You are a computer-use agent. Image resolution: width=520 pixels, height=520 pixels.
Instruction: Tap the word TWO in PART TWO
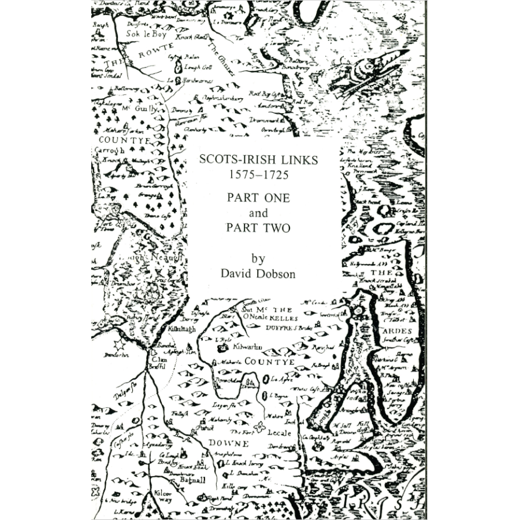[277, 228]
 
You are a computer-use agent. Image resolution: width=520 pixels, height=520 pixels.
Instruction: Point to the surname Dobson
[275, 274]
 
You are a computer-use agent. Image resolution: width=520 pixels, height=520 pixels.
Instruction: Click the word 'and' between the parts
[258, 213]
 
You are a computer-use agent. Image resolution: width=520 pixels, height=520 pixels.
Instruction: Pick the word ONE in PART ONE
[275, 197]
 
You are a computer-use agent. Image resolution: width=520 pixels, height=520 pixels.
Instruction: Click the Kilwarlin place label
[247, 346]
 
